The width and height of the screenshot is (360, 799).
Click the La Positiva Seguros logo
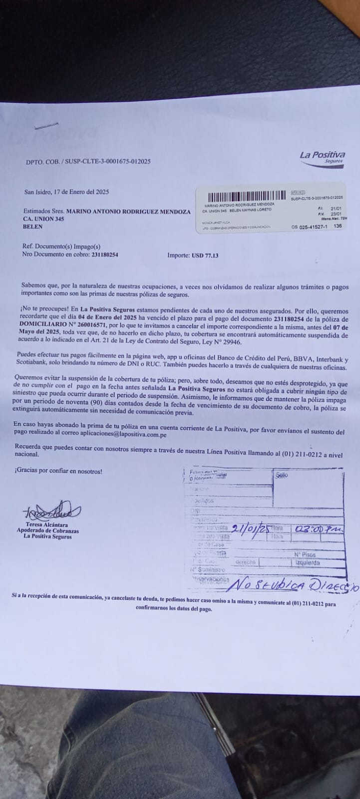(x=322, y=157)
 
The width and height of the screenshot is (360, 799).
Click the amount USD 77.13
(x=205, y=255)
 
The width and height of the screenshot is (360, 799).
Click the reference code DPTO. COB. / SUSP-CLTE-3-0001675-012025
(x=88, y=162)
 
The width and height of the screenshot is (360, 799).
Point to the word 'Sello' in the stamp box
(x=282, y=475)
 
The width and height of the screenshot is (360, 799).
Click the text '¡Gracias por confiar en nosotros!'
(x=58, y=471)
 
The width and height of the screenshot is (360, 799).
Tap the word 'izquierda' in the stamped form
(x=308, y=563)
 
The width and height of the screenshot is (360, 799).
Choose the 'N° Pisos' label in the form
(x=305, y=555)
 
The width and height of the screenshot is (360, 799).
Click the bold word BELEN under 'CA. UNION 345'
(x=33, y=226)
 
